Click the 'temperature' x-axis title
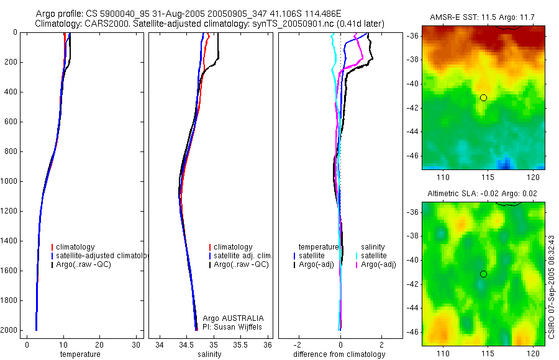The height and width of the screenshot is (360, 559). [80, 354]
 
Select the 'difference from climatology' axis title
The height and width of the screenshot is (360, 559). [339, 354]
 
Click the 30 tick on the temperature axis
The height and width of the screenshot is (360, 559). [136, 344]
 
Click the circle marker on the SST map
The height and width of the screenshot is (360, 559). [483, 97]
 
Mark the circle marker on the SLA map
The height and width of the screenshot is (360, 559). [483, 274]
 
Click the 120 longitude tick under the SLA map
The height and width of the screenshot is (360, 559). [532, 353]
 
